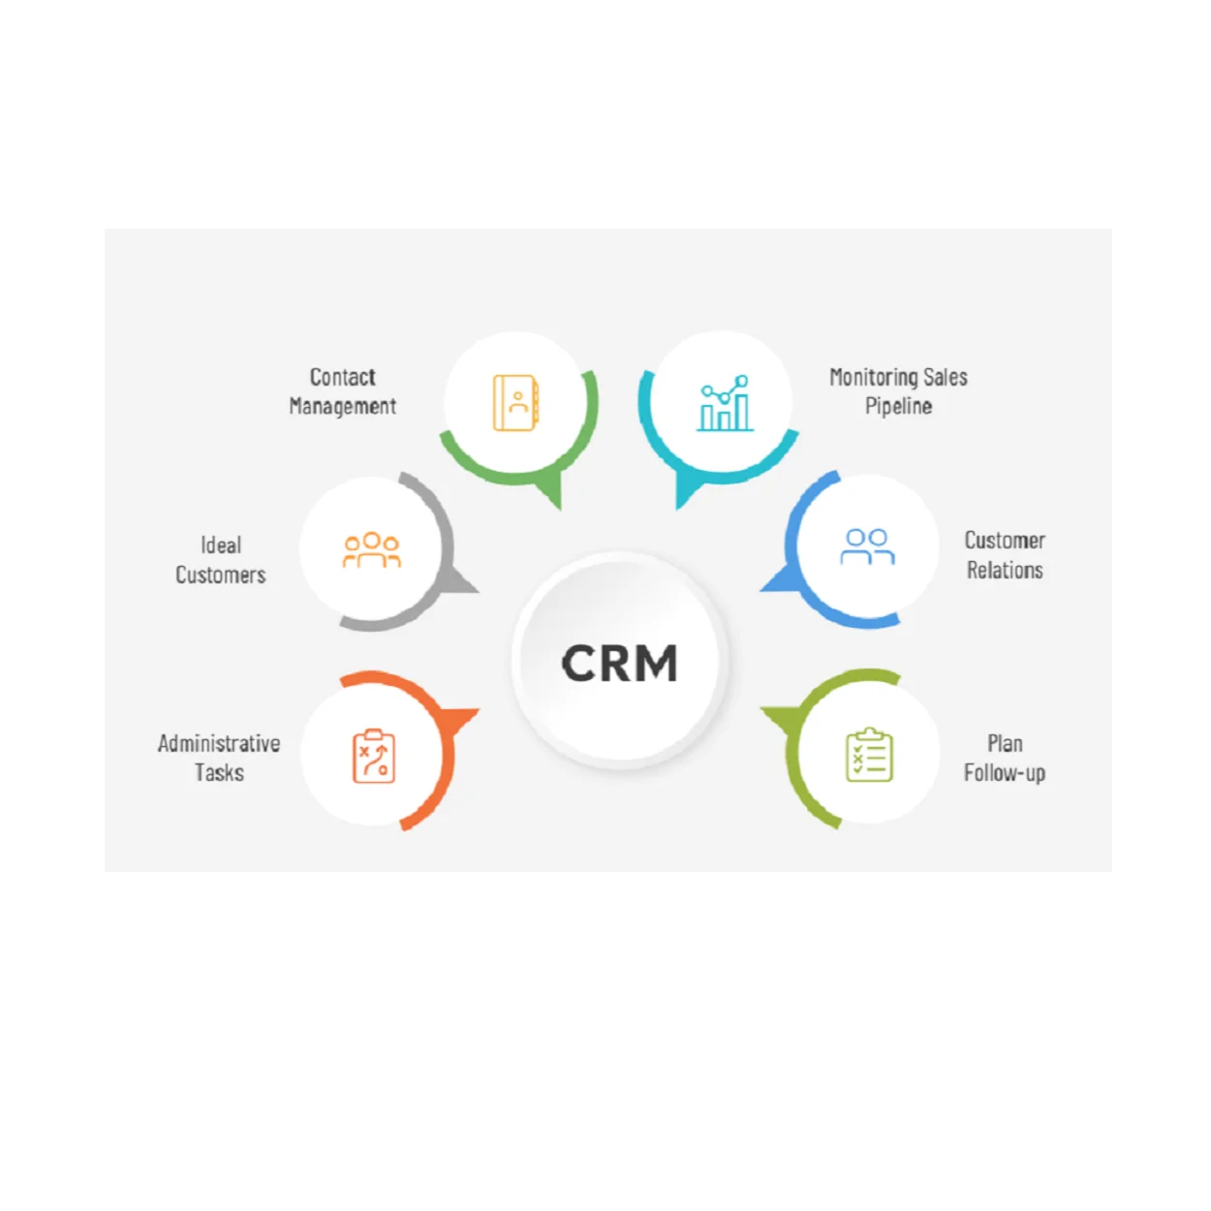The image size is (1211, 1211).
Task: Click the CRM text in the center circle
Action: (619, 664)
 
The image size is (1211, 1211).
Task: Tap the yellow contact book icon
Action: (516, 402)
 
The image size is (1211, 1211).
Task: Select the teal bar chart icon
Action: (725, 404)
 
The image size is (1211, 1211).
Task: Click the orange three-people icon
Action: (372, 550)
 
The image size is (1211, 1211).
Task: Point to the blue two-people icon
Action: (867, 546)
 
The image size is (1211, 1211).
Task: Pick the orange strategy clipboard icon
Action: (374, 756)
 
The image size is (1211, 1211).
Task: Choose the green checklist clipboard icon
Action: (869, 756)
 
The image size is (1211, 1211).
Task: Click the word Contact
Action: (342, 377)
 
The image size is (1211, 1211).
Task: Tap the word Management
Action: (342, 406)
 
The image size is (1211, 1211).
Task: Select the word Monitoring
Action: (872, 377)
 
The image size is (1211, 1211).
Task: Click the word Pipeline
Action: (898, 406)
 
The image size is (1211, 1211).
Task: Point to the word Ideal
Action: (221, 545)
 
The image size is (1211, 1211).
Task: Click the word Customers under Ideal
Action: (221, 574)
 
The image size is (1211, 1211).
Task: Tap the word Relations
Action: (1005, 570)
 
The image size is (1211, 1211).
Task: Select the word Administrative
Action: (219, 743)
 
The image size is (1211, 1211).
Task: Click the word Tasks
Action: (219, 772)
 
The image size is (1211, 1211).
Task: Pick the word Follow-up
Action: (1005, 772)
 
